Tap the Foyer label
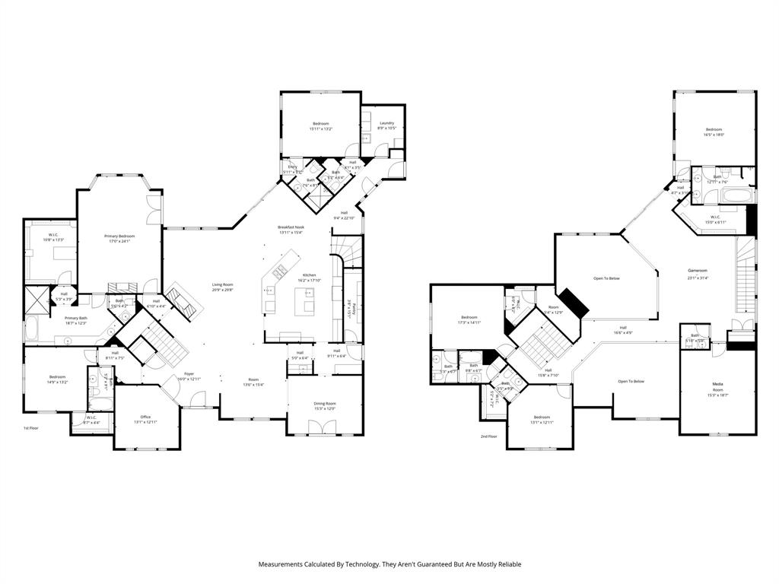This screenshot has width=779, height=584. coord(189,374)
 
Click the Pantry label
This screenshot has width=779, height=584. coord(355,311)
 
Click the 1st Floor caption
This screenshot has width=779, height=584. coord(30,428)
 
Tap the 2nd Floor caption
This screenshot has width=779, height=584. coord(488,436)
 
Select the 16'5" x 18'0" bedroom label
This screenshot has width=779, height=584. coord(714,130)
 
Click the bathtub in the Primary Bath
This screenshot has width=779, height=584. coord(33,330)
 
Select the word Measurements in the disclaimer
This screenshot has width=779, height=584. coord(283,564)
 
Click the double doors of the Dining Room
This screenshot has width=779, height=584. coord(325,430)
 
